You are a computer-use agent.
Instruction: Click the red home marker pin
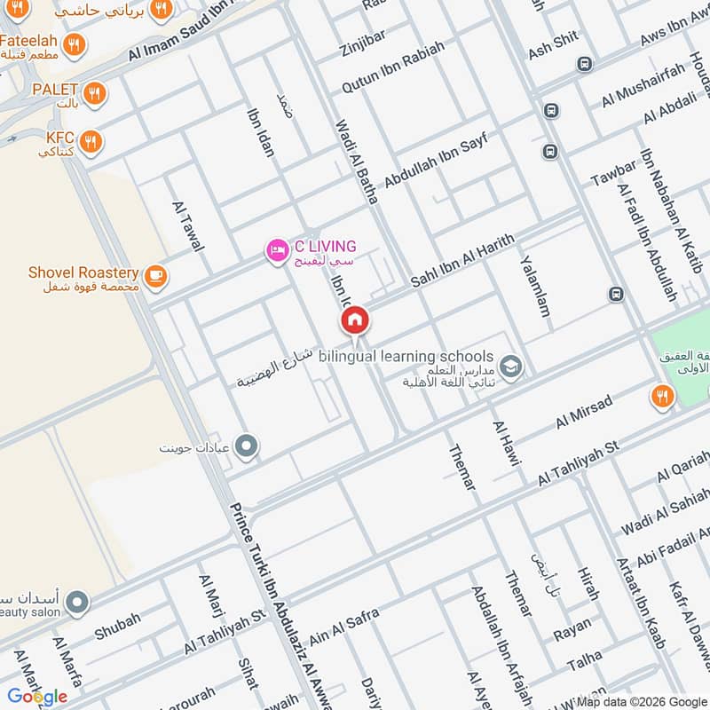coord(354,319)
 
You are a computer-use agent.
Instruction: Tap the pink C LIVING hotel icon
coord(277,252)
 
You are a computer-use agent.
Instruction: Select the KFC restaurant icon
coord(90,141)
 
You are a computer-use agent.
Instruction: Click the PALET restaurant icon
coord(94,92)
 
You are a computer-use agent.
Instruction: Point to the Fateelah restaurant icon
coord(75,43)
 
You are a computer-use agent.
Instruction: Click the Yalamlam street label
coord(535,287)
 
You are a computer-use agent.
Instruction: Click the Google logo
coord(37,697)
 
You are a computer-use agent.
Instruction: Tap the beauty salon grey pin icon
coord(77,603)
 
